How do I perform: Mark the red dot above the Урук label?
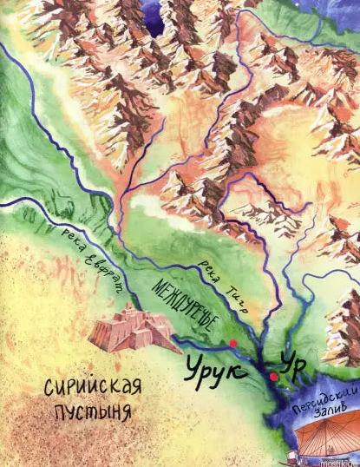pyautogui.click(x=233, y=345)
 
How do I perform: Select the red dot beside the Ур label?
pyautogui.click(x=273, y=377)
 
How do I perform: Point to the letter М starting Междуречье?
pyautogui.click(x=157, y=284)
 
